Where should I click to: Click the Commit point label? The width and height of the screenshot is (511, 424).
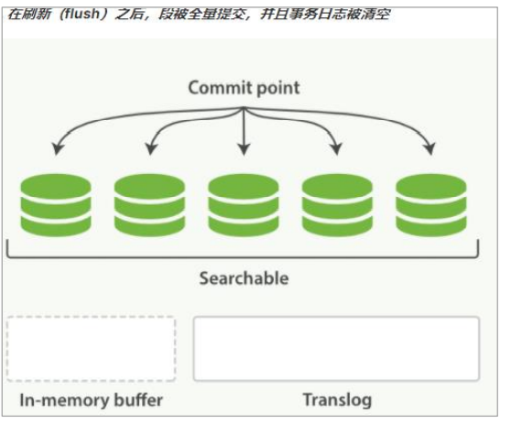(x=244, y=88)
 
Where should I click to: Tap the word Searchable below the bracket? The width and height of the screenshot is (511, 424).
(x=244, y=277)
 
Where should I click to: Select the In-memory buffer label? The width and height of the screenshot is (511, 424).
(x=91, y=401)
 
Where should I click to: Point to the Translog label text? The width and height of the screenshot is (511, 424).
(x=336, y=401)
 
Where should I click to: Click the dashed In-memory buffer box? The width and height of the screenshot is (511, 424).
(x=91, y=349)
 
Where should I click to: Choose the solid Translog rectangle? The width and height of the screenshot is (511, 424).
(x=336, y=349)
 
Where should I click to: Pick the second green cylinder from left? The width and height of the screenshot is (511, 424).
(x=149, y=203)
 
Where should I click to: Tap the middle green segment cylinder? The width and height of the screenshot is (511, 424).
(x=244, y=203)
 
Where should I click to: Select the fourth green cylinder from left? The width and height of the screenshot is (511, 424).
(x=338, y=203)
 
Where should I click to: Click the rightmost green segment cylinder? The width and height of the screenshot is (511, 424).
(x=431, y=203)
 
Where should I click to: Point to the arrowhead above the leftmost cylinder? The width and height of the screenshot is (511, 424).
(x=57, y=148)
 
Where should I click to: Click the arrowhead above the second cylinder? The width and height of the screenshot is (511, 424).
(x=150, y=148)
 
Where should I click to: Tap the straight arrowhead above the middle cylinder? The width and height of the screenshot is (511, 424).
(x=244, y=149)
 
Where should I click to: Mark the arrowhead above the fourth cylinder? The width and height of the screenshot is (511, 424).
(x=337, y=148)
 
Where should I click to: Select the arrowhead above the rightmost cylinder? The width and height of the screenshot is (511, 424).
(x=430, y=148)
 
